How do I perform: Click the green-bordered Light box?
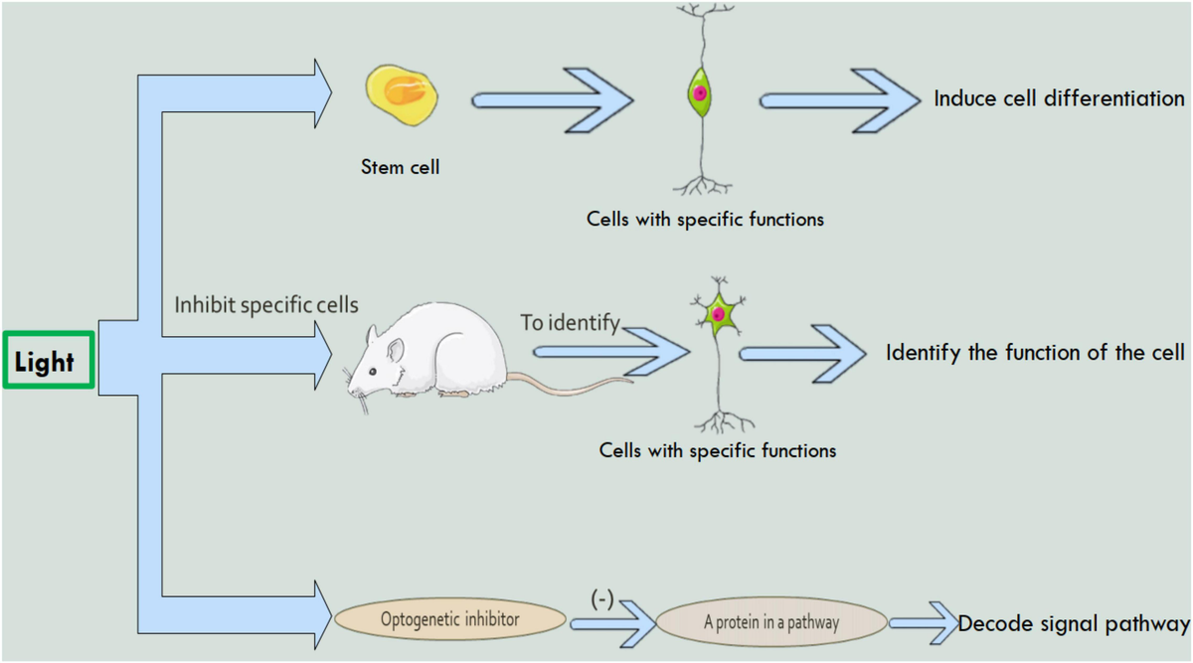pyautogui.click(x=49, y=360)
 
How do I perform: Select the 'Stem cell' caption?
pyautogui.click(x=400, y=167)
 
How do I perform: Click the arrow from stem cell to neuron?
pyautogui.click(x=553, y=99)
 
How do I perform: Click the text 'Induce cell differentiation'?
pyautogui.click(x=1059, y=98)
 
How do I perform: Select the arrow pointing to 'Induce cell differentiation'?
pyautogui.click(x=840, y=99)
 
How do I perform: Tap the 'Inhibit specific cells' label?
pyautogui.click(x=265, y=304)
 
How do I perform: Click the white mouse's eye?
pyautogui.click(x=371, y=371)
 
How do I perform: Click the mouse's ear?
pyautogui.click(x=396, y=349)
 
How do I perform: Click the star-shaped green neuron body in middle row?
pyautogui.click(x=717, y=316)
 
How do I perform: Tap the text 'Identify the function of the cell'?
pyautogui.click(x=1034, y=352)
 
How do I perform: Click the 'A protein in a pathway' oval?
pyautogui.click(x=771, y=623)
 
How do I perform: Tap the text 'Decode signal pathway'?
pyautogui.click(x=1073, y=624)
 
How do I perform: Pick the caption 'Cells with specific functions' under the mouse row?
pyautogui.click(x=717, y=450)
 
